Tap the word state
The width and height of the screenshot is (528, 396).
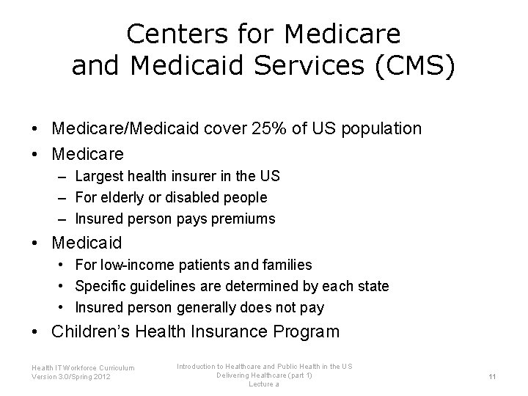(372, 286)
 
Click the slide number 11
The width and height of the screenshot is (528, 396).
(493, 375)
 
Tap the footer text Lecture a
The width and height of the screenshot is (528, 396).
(264, 384)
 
